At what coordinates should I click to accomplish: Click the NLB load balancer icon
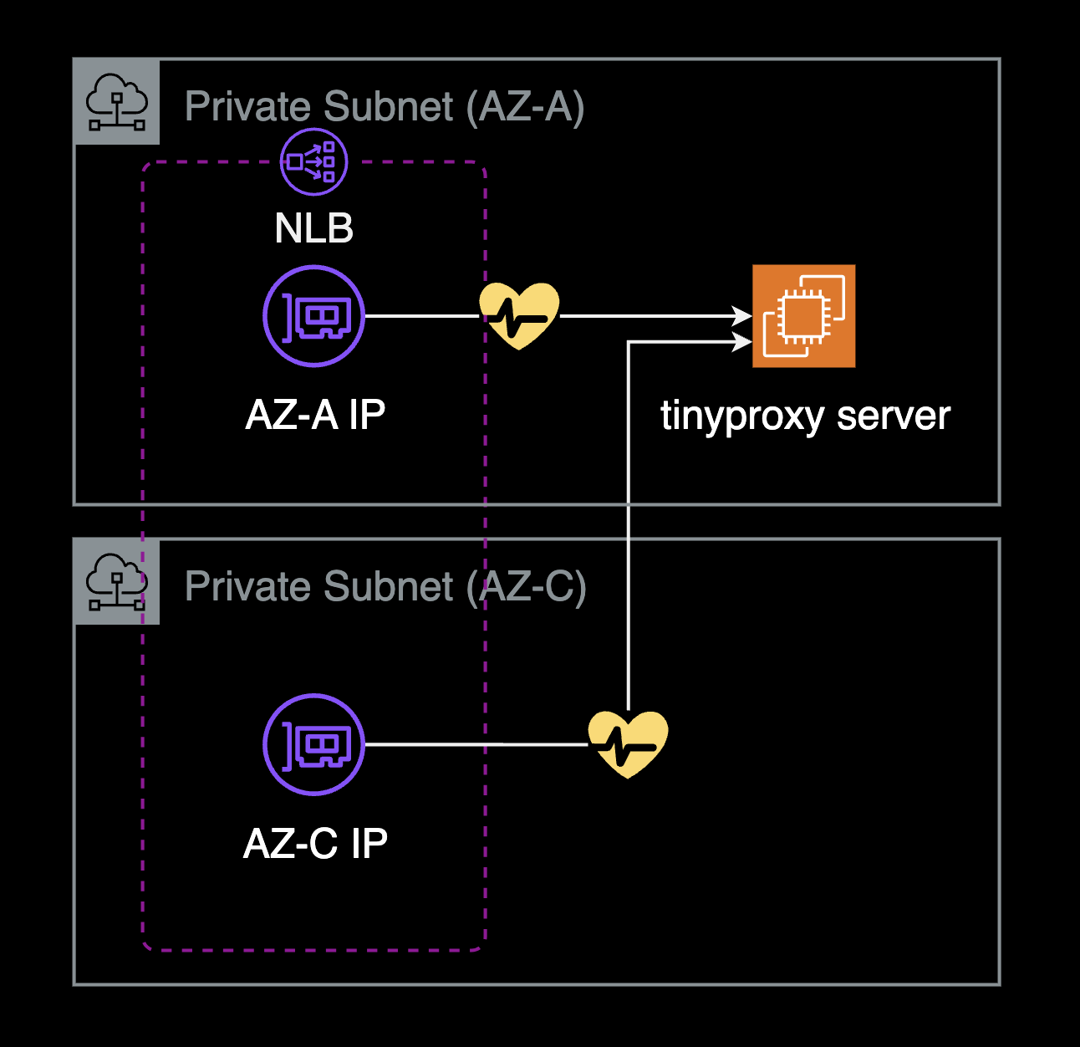click(x=313, y=161)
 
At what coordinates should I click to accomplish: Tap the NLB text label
click(x=314, y=228)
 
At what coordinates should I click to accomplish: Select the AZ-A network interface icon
click(x=314, y=316)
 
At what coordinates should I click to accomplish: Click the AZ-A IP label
click(x=315, y=415)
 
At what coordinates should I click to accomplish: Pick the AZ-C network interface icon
click(x=314, y=744)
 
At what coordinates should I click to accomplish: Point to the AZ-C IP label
click(x=315, y=844)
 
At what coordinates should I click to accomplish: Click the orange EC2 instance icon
click(x=803, y=316)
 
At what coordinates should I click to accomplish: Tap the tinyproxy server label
click(x=805, y=416)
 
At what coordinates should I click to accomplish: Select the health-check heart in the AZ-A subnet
click(x=519, y=316)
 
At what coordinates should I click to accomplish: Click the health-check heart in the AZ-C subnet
click(x=628, y=744)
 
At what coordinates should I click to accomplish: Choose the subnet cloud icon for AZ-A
click(x=117, y=102)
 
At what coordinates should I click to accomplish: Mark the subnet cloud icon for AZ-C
click(x=117, y=581)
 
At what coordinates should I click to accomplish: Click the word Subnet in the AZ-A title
click(x=389, y=107)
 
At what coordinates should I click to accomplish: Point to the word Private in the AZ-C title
click(x=247, y=586)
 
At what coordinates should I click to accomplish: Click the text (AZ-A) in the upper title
click(x=525, y=107)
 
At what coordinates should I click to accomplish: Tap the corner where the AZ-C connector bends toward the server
click(x=629, y=342)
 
